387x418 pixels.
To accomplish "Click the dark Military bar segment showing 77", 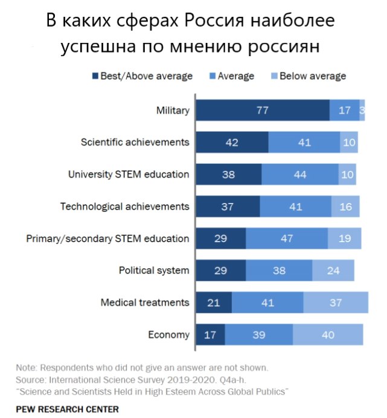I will (x=262, y=111).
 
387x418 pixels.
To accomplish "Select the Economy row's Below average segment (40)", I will (x=328, y=335).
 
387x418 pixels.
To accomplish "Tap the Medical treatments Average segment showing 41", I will (x=267, y=303).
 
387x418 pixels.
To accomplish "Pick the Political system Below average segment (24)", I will (x=333, y=271).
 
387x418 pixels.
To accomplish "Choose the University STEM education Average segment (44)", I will (x=300, y=175).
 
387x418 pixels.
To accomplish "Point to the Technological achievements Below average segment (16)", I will (x=345, y=207).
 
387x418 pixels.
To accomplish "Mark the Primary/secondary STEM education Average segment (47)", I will (x=287, y=239).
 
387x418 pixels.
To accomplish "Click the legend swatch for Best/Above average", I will (x=95, y=77).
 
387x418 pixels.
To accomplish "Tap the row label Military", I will (x=173, y=111).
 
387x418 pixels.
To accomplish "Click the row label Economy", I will (x=170, y=335).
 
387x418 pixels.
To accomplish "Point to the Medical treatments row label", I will (x=145, y=303).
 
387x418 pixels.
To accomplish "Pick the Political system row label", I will (x=154, y=271).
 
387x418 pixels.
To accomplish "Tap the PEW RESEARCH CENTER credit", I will (x=67, y=409).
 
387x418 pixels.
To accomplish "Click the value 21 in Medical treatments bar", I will (x=213, y=303).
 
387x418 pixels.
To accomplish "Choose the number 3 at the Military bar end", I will (x=362, y=111).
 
